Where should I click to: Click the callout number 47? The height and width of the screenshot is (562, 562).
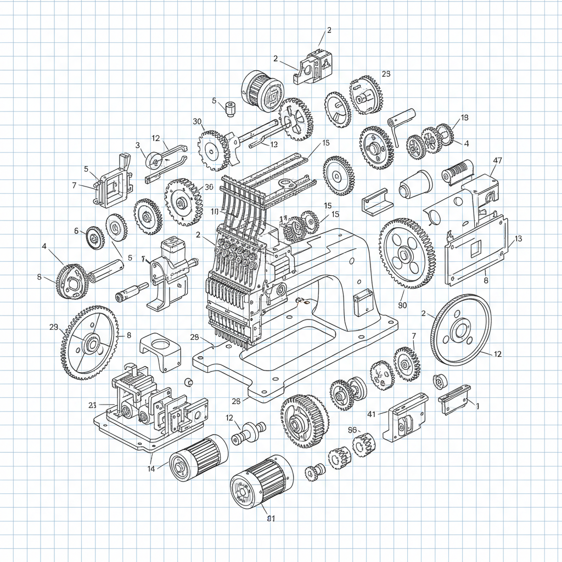coord(498,161)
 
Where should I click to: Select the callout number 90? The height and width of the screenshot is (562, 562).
coord(402,306)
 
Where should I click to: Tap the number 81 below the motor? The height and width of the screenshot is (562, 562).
coord(270,518)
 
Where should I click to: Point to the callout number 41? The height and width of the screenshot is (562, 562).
coord(372,414)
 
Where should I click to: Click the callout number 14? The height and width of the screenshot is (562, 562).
coord(151,468)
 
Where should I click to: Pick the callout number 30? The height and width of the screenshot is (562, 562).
coord(198,121)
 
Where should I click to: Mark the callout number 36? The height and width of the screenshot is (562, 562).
coord(209,187)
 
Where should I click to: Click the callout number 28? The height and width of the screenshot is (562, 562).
coord(236,401)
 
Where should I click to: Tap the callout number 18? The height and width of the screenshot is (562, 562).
coord(465,117)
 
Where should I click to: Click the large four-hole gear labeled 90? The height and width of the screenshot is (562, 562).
coord(407,254)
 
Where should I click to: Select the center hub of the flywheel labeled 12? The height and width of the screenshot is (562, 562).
coord(460,330)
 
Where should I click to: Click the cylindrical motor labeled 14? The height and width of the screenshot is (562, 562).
coord(198,458)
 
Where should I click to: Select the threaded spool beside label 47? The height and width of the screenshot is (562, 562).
coord(457,172)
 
